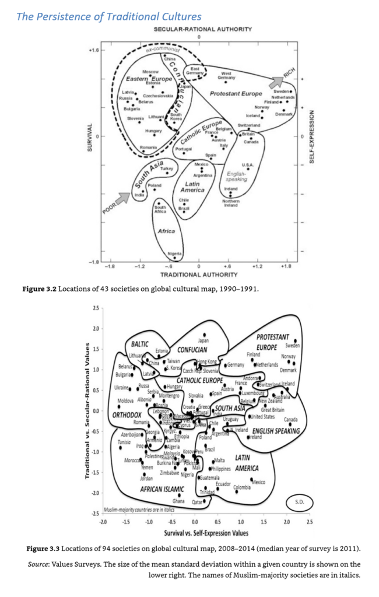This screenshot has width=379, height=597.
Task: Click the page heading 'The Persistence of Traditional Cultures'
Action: click(109, 16)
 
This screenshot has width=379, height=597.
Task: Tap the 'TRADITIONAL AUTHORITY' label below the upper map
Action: click(198, 273)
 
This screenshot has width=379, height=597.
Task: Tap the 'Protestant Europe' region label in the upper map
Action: click(236, 93)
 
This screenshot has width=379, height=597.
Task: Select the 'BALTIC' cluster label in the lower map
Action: click(140, 344)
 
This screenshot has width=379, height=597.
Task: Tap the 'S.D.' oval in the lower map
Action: click(299, 501)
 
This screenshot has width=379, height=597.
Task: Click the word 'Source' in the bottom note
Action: click(40, 564)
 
